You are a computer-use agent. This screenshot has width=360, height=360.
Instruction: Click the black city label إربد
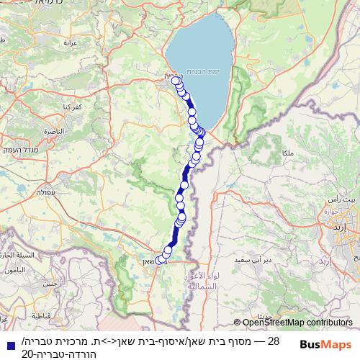point(350,227)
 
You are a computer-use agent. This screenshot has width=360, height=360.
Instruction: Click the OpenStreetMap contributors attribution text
point(297,323)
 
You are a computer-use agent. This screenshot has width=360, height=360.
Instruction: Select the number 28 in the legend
point(273,340)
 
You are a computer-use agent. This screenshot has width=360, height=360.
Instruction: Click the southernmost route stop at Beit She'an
point(160,260)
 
